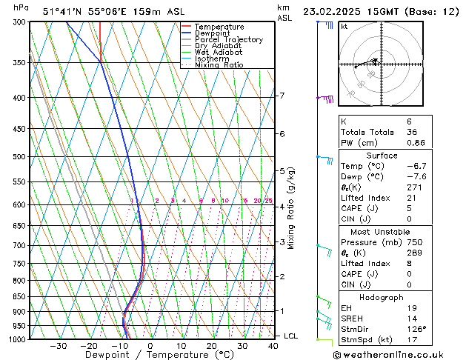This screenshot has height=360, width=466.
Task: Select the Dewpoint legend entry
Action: pos(214,33)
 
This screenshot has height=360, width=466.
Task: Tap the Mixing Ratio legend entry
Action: pos(219,65)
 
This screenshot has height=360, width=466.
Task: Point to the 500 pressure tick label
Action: pos(20,157)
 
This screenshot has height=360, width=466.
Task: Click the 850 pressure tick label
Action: pos(20,297)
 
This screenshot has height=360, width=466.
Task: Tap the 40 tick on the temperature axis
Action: pos(273,346)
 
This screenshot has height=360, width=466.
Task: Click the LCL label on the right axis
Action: pos(290,336)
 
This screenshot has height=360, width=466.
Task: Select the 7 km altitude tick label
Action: pos(282,96)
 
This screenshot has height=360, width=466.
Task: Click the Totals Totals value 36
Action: pos(412,132)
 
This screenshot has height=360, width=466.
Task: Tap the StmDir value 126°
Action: pos(416,329)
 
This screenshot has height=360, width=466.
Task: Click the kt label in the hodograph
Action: pos(344,27)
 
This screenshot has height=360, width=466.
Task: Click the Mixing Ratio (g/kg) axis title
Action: pos(291,208)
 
